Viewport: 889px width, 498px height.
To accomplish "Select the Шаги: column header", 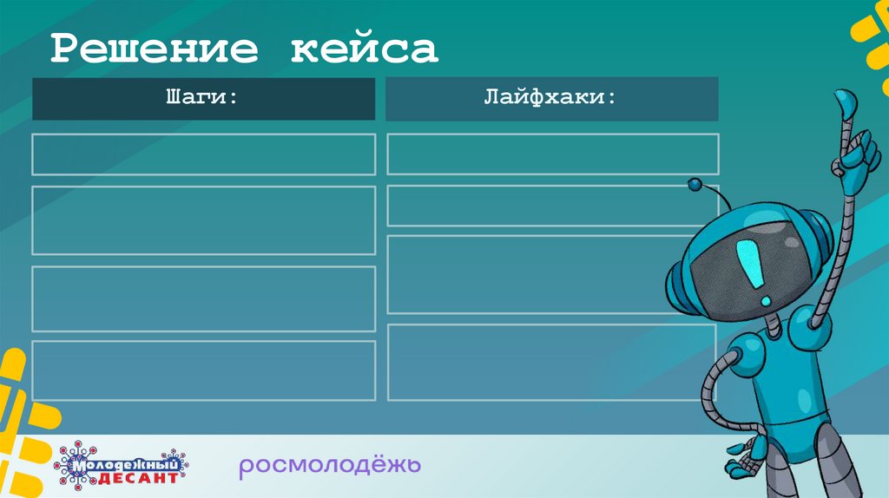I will [x=203, y=98].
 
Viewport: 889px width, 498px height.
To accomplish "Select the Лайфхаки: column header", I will [x=551, y=98].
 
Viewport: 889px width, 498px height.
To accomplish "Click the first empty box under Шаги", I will [x=203, y=154].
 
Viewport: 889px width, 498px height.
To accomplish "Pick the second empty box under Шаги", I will [x=203, y=220].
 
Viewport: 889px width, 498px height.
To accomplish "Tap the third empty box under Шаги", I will [x=203, y=298].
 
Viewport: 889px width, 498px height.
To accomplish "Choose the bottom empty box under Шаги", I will [x=203, y=370].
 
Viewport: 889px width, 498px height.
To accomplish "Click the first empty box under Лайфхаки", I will [x=552, y=154].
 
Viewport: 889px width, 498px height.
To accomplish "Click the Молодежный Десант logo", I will [x=122, y=466].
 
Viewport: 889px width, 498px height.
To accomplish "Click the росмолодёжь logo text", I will [x=330, y=466].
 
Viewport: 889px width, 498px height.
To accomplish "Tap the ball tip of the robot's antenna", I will [x=695, y=185].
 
